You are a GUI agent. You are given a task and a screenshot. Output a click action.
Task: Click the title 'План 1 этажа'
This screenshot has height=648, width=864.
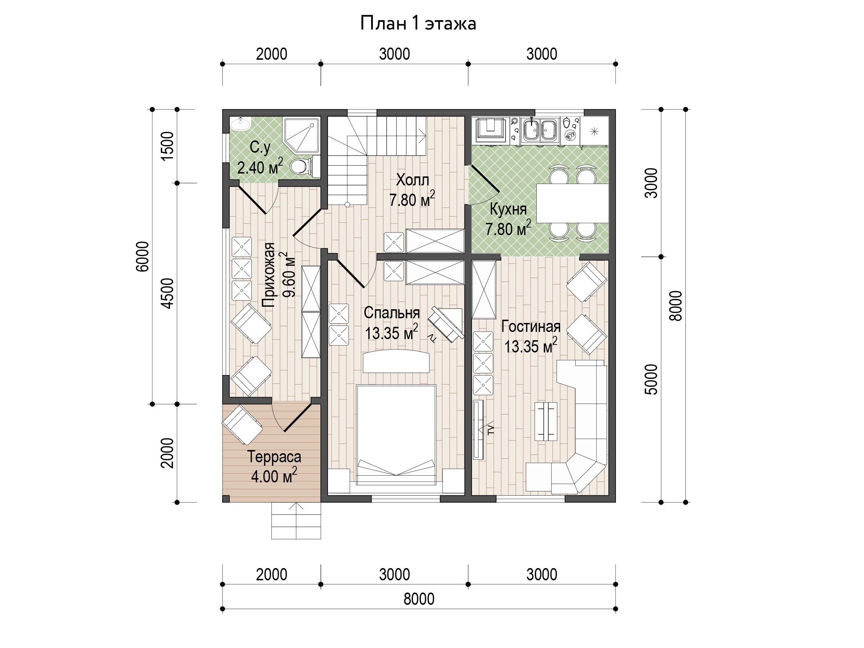tap(418, 23)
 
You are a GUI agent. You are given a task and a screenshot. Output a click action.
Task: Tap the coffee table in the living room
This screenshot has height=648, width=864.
tap(546, 422)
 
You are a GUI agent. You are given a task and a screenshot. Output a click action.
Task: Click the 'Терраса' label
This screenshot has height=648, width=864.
tap(274, 456)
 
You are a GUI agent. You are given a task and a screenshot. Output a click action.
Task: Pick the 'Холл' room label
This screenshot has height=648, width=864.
tap(413, 180)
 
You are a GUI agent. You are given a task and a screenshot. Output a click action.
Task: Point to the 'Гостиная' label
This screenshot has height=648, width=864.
tap(531, 327)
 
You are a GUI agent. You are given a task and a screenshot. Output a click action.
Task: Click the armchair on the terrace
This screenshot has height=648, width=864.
tap(242, 425)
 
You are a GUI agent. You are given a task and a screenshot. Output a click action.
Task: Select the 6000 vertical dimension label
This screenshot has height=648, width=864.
tap(143, 257)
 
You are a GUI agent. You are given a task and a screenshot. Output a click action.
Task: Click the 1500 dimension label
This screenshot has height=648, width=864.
tap(167, 146)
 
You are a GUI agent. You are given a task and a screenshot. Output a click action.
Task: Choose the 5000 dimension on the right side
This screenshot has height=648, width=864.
tap(651, 379)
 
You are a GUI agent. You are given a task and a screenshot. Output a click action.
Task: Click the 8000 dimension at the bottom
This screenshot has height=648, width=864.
tap(419, 599)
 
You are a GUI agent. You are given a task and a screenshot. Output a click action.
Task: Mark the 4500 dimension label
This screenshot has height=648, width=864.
tap(167, 293)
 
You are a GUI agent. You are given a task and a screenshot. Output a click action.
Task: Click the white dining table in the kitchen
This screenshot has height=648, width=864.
tap(572, 203)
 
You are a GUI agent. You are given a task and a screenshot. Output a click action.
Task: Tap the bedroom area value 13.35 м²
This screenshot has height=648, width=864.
tap(391, 332)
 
